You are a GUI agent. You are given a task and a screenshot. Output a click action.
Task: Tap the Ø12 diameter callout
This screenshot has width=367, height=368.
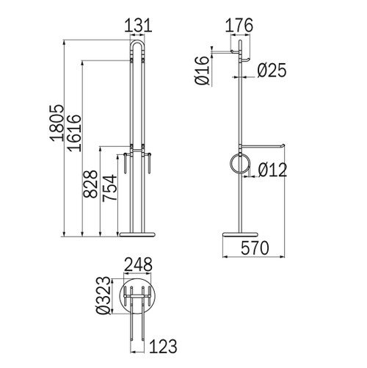pyautogui.click(x=271, y=170)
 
